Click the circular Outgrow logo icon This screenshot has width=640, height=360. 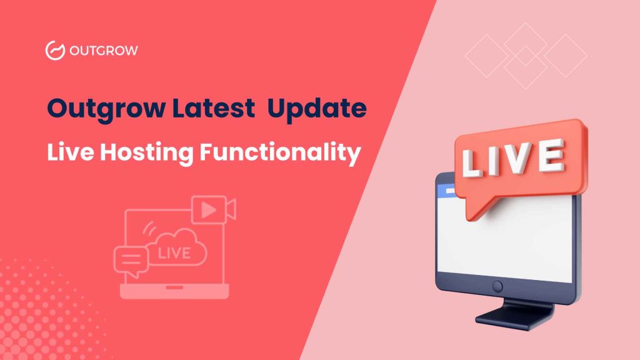coord(55,51)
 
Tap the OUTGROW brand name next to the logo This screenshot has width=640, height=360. coord(104,51)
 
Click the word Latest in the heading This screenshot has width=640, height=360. coord(214,108)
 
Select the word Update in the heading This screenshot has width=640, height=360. coord(317,109)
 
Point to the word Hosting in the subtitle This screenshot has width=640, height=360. coord(147,153)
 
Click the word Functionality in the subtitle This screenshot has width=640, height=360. coord(281,153)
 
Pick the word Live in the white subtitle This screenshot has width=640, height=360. coord(71,152)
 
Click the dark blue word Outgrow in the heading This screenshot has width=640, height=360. coord(106,109)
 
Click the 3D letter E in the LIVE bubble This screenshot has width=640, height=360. coord(551,155)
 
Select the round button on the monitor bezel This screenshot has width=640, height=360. coord(497,286)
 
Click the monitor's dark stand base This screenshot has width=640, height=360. coord(515,316)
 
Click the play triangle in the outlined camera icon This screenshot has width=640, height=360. coord(208,210)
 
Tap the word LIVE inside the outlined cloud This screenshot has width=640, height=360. coord(174,254)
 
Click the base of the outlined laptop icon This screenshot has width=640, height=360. coord(174,291)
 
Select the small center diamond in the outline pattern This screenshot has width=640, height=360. coord(526,56)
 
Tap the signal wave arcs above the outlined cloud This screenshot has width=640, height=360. coord(149,229)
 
